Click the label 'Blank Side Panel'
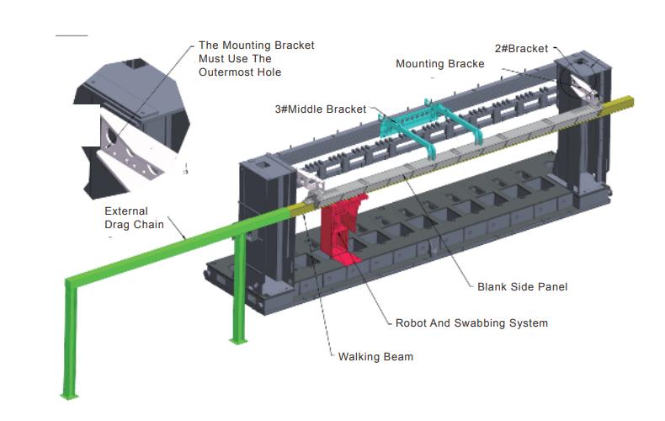tap(522, 287)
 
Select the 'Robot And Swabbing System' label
tap(471, 323)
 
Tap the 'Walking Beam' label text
tap(375, 357)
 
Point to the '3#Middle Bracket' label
tap(321, 109)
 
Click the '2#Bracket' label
tap(521, 48)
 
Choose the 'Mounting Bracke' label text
tap(439, 64)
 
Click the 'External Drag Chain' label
tap(126, 216)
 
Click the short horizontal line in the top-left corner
tap(71, 35)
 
